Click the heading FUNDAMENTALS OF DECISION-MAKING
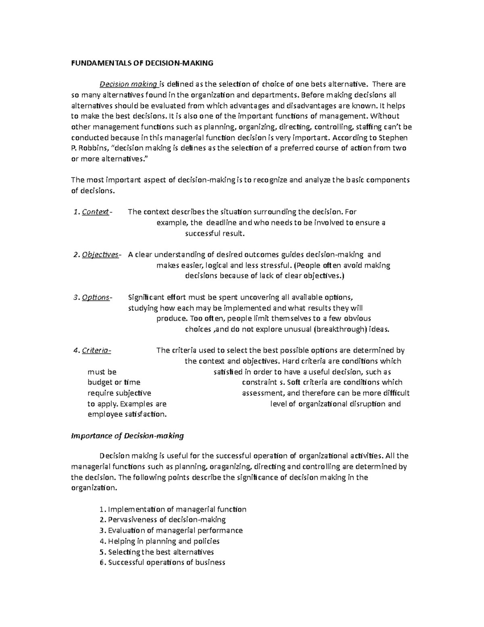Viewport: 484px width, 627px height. (142, 63)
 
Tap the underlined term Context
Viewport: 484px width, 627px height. (95, 212)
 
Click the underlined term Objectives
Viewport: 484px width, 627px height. (100, 255)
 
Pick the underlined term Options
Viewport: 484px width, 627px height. (96, 298)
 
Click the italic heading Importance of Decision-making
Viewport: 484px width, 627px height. (127, 436)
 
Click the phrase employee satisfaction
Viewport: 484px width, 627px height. (127, 414)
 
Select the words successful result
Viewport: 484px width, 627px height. (215, 233)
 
